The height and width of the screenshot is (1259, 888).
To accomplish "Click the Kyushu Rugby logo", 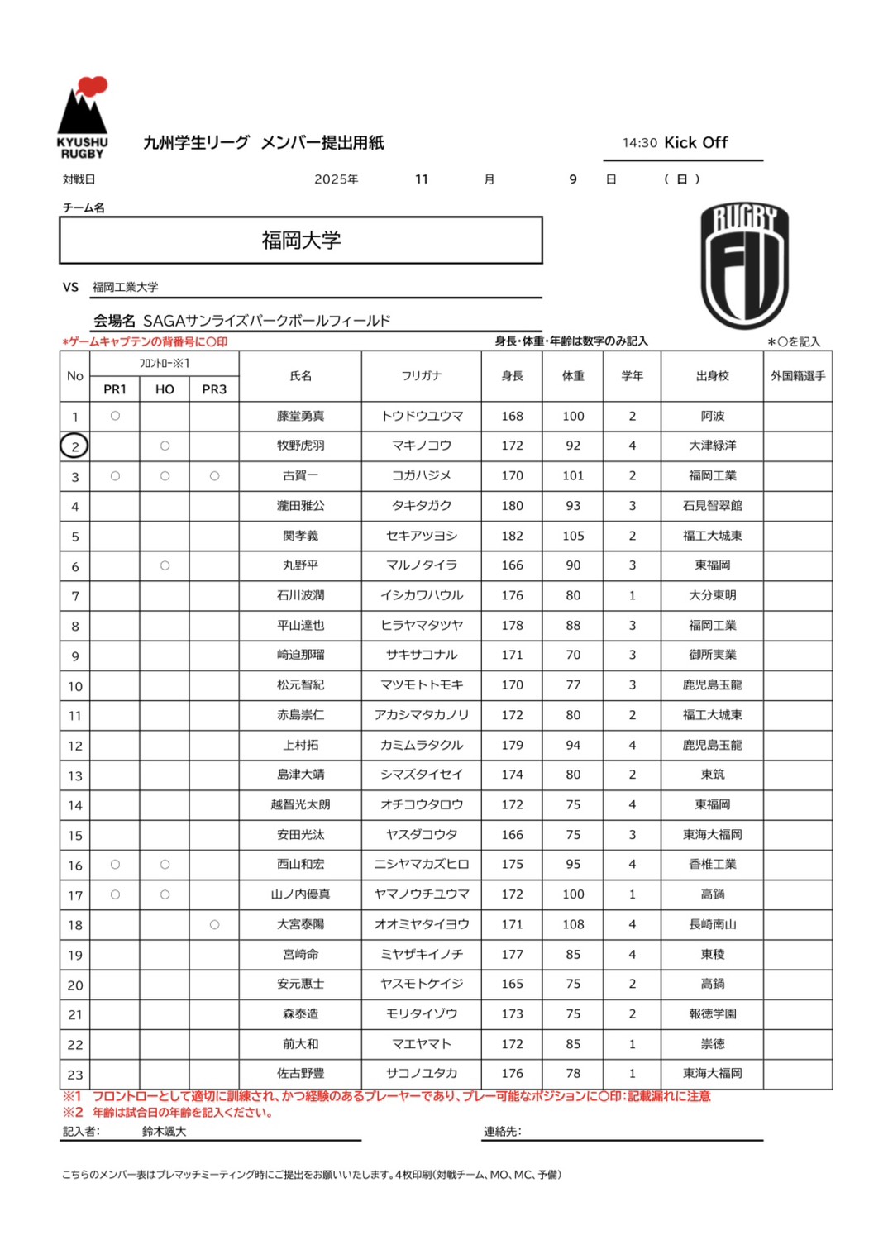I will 83,117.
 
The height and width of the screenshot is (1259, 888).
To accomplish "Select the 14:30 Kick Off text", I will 676,143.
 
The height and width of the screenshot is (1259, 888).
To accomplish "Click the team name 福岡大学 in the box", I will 301,241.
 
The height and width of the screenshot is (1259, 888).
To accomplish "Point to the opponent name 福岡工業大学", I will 125,287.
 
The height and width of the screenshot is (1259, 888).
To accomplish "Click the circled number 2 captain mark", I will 74,446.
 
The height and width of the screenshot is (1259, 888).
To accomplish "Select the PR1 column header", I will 115,389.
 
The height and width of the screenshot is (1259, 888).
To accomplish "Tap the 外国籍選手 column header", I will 798,376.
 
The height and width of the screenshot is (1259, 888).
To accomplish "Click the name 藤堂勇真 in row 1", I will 300,416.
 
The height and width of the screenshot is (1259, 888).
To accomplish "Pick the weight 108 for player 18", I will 573,924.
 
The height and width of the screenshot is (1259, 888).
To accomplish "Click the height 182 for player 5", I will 512,536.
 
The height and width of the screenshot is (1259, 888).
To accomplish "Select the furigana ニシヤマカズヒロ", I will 422,864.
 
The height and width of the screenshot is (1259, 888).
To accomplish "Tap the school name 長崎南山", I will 712,924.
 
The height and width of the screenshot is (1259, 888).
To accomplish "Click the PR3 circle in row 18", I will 214,924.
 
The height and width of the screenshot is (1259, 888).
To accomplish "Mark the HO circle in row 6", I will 165,565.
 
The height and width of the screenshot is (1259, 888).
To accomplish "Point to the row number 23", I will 74,1075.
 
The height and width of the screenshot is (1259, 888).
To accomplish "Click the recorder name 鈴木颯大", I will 164,1132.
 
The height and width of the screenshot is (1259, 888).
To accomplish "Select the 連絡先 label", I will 503,1132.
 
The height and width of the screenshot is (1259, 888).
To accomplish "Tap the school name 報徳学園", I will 712,1013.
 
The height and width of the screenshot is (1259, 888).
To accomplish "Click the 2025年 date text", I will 336,179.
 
